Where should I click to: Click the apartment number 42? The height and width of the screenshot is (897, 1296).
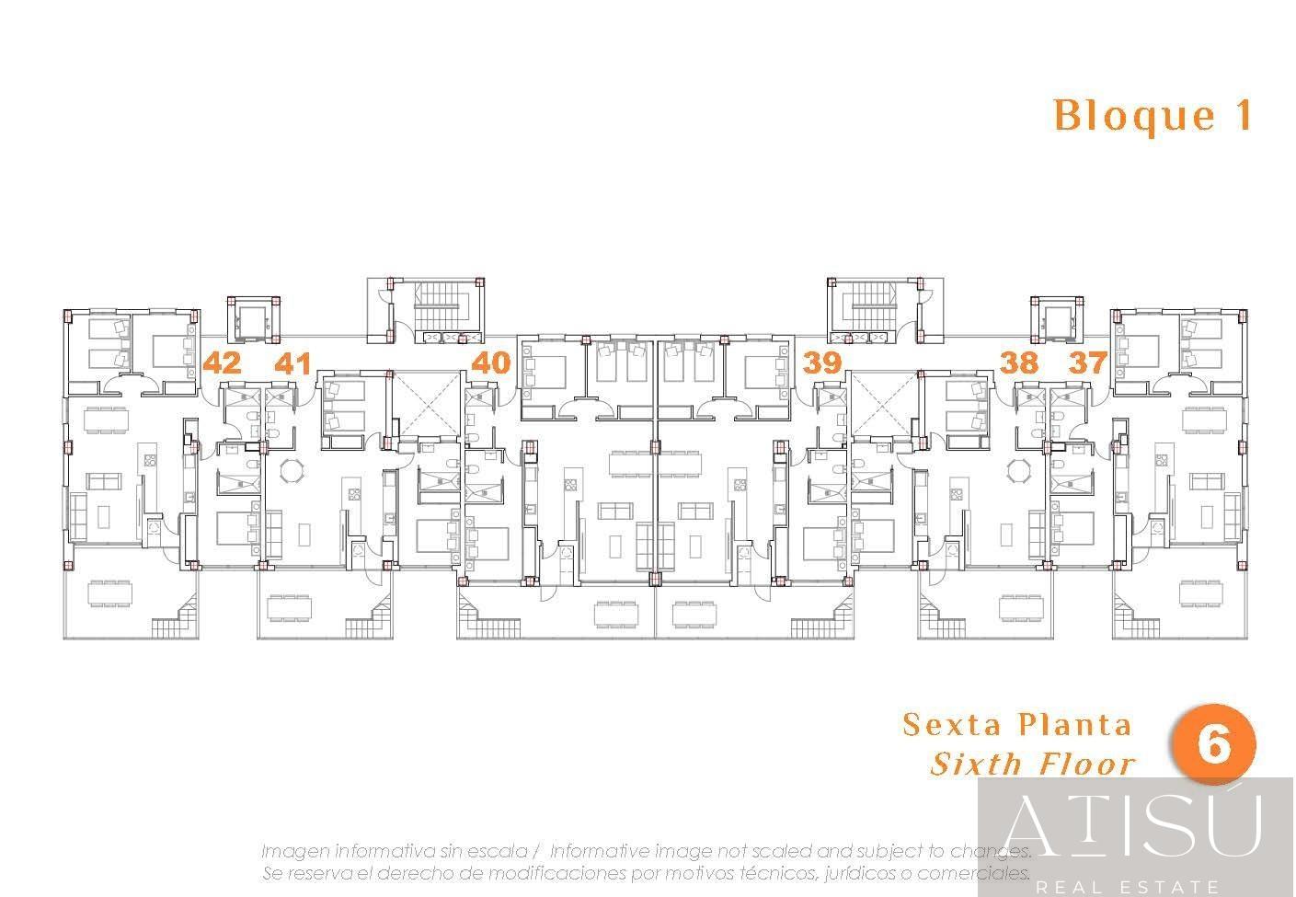click(223, 362)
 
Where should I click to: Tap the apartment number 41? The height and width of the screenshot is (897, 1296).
click(292, 363)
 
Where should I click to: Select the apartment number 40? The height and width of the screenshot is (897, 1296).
click(491, 362)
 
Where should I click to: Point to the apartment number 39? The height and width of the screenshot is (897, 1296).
click(822, 362)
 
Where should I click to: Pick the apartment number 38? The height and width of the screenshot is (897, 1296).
click(1019, 362)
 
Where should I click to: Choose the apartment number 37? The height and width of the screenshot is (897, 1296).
click(1088, 362)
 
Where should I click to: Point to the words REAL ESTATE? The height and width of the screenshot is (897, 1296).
click(1128, 886)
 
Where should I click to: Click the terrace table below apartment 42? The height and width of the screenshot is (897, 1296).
click(110, 594)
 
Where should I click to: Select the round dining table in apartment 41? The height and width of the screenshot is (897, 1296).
click(291, 470)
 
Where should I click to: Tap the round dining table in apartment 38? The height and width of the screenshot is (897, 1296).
click(1018, 470)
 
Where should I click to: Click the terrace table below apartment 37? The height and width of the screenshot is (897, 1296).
click(1201, 593)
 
